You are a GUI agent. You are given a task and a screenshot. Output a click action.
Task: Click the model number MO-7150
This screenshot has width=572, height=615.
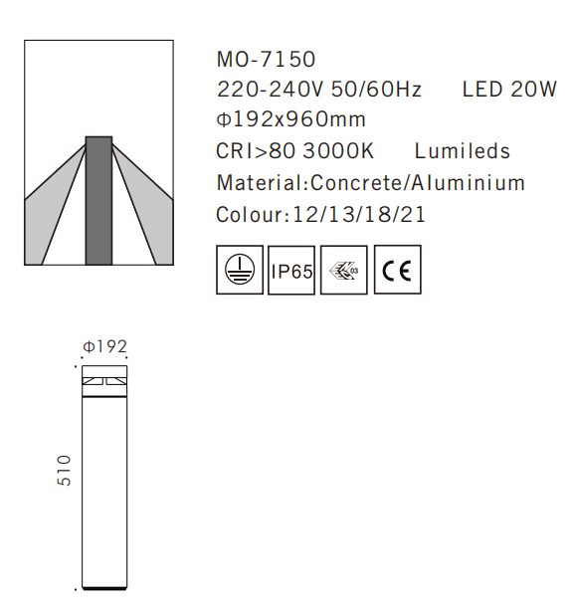266,61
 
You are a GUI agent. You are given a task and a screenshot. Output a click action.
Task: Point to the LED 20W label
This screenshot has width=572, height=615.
509,91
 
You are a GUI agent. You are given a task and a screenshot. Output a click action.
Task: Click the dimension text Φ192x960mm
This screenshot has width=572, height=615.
290,120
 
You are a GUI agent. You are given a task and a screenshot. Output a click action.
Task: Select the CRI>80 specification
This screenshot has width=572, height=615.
254,152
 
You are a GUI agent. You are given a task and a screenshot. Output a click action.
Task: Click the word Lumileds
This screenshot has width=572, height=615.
463,152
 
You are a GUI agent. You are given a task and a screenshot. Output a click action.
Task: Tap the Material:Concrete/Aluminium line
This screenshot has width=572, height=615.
370,183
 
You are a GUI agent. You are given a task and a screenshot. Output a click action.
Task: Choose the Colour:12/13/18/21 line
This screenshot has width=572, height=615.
320,214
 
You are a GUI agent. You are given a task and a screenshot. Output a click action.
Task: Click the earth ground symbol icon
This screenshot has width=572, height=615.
240,270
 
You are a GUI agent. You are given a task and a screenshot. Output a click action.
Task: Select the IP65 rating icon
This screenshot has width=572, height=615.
291,270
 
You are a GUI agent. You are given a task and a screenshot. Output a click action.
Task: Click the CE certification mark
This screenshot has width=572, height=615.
397,270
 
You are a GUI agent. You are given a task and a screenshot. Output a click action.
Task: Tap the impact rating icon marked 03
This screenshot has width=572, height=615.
344,270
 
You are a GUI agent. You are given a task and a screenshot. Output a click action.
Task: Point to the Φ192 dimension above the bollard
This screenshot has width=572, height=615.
104,347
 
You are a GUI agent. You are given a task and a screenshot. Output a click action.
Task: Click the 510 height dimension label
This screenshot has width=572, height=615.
65,470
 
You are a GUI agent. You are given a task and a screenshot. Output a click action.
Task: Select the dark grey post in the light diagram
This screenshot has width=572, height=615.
98,199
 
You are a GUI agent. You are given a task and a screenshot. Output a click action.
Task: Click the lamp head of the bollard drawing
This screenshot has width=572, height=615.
103,381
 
